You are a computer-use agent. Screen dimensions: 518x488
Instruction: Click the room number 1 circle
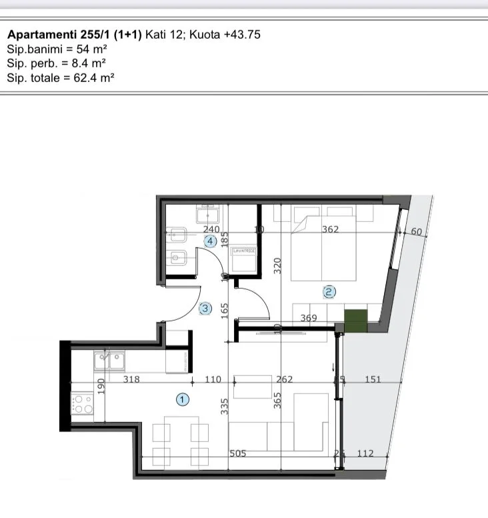182,399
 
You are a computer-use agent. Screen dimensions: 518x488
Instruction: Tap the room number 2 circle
329,291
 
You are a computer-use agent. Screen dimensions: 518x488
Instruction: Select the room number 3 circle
205,308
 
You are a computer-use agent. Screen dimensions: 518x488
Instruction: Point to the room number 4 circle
210,241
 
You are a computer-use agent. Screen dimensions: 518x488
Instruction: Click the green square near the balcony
356,321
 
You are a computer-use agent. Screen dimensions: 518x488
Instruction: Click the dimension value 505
238,453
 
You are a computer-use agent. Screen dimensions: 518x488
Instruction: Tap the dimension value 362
330,230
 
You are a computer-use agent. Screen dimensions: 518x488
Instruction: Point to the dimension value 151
373,379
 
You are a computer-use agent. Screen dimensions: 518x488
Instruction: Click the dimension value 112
365,453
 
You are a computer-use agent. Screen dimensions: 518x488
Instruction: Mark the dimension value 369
309,319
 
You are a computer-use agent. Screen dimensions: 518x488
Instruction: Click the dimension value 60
417,232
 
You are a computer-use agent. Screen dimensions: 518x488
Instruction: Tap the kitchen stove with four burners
82,404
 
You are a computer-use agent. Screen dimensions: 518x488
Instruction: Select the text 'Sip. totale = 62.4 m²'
61,78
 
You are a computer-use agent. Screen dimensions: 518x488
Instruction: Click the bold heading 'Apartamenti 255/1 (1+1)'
74,34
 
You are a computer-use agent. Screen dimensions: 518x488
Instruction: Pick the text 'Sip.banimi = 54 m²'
57,49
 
